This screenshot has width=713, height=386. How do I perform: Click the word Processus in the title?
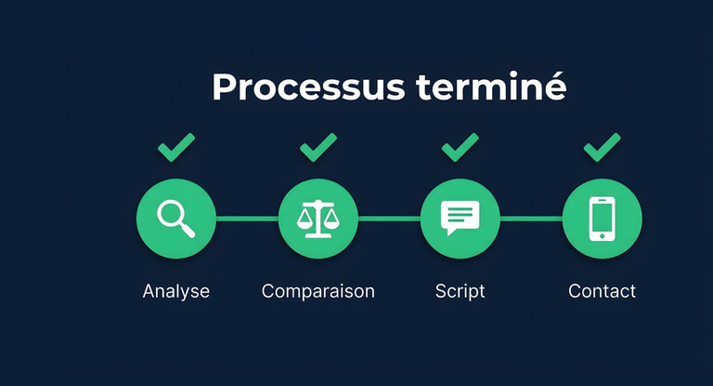point(309,87)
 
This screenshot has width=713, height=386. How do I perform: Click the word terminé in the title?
point(491,87)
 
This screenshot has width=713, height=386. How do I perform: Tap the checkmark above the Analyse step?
point(175,146)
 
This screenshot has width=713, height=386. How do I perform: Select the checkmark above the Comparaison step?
point(318,146)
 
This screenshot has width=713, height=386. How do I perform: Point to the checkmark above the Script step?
point(460,146)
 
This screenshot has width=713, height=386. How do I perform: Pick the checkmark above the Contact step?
point(602,146)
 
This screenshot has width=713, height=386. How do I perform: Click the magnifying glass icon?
point(175,219)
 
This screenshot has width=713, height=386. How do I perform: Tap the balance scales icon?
point(318,219)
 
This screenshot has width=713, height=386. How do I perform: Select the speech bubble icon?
point(460,219)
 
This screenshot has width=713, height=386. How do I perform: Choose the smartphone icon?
point(602,219)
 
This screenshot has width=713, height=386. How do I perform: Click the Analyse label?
point(175,291)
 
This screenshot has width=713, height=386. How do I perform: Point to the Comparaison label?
point(318,291)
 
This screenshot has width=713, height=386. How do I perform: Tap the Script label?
point(460,291)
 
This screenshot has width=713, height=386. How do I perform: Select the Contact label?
point(602,291)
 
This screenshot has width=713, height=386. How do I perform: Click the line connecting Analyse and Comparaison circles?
point(247,219)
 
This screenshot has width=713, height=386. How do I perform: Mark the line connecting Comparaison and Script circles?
point(389,219)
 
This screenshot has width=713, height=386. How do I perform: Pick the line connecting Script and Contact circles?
point(531,219)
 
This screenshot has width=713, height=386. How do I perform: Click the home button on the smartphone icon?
point(602,235)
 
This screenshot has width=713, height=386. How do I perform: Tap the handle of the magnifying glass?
point(187,230)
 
